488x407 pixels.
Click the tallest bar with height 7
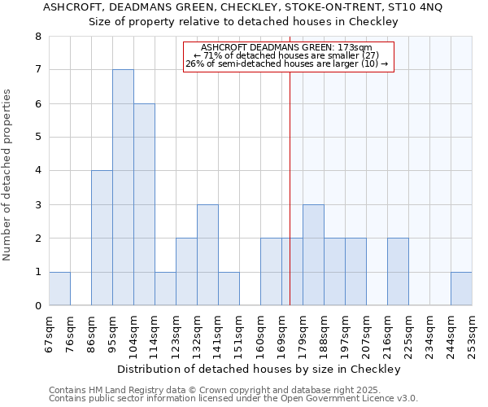click(x=123, y=187)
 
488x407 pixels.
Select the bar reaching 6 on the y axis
click(x=144, y=204)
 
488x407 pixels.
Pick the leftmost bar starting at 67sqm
click(x=59, y=289)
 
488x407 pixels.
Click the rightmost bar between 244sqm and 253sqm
click(x=461, y=289)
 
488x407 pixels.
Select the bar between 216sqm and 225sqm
click(x=398, y=272)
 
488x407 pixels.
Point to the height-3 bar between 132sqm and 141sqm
click(x=207, y=255)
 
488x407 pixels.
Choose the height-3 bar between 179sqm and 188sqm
click(x=313, y=255)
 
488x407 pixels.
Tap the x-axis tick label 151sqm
click(x=240, y=330)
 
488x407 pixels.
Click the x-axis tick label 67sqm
click(x=50, y=330)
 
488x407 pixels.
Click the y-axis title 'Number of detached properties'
click(x=8, y=176)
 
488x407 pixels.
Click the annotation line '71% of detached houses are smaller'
click(x=287, y=55)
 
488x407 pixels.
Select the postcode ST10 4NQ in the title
click(x=421, y=7)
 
